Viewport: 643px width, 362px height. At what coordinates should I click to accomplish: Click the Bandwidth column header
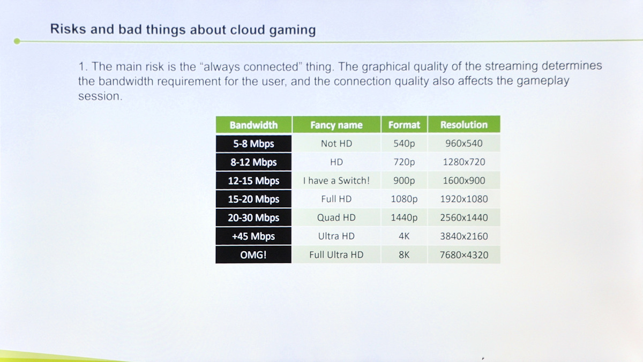click(x=254, y=125)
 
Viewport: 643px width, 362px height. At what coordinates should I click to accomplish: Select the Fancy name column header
click(x=337, y=125)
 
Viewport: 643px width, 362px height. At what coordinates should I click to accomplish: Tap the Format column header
click(x=404, y=125)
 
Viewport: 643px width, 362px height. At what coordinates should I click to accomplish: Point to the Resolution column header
click(x=464, y=124)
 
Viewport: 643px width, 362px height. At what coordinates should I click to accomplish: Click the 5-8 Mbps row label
click(x=254, y=144)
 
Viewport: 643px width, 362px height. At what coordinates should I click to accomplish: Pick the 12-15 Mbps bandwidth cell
click(x=254, y=180)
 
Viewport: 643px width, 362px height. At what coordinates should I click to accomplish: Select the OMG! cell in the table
click(x=253, y=254)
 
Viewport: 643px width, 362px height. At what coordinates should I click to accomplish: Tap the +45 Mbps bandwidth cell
click(x=253, y=236)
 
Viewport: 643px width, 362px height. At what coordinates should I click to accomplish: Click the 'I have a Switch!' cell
click(x=337, y=180)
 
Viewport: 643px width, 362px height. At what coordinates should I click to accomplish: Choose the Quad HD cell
click(x=337, y=217)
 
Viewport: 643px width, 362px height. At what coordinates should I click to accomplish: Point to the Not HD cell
click(x=337, y=144)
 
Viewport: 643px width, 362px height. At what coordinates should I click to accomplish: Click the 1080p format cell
click(x=404, y=199)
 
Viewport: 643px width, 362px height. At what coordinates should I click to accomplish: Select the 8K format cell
click(x=404, y=254)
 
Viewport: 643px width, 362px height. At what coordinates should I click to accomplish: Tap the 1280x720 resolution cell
click(x=464, y=162)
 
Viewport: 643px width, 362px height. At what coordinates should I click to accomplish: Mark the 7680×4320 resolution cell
click(x=464, y=255)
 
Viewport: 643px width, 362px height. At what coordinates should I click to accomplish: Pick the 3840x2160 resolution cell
click(x=464, y=236)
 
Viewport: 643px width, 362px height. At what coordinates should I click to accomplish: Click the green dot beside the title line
click(x=17, y=41)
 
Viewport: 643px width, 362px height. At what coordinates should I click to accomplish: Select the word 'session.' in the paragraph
click(x=100, y=96)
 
